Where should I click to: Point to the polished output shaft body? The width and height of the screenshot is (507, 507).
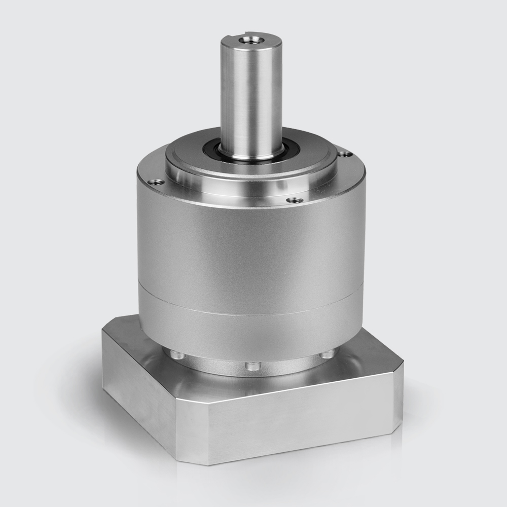[x=251, y=96]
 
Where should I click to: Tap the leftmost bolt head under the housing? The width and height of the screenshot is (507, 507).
[x=177, y=355]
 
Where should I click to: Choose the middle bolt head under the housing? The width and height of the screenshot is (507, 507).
[x=252, y=366]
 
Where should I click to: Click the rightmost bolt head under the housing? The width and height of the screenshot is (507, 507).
[x=327, y=353]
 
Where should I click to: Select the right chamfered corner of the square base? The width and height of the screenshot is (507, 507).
[x=399, y=401]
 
